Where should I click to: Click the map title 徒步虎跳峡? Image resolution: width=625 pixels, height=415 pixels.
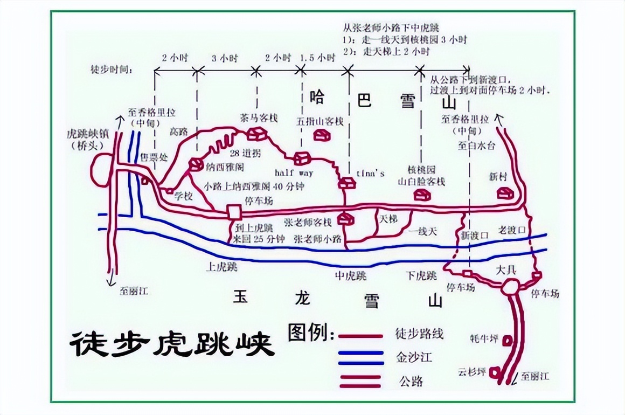tap(172, 343)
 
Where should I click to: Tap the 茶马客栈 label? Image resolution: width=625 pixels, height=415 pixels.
tap(259, 117)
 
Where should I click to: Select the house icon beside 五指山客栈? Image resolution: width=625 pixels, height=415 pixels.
tap(322, 135)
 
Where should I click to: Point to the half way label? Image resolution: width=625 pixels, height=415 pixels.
tap(294, 173)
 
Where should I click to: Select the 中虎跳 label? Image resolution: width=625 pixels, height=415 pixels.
tap(350, 276)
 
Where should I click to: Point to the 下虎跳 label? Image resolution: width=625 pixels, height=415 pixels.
tap(421, 276)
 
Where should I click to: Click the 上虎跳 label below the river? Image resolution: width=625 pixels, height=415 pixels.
tap(221, 266)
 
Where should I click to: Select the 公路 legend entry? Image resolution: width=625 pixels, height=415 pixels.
tap(411, 381)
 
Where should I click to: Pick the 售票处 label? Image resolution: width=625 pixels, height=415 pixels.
tap(150, 156)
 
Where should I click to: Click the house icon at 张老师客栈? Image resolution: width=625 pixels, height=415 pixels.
tap(345, 219)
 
